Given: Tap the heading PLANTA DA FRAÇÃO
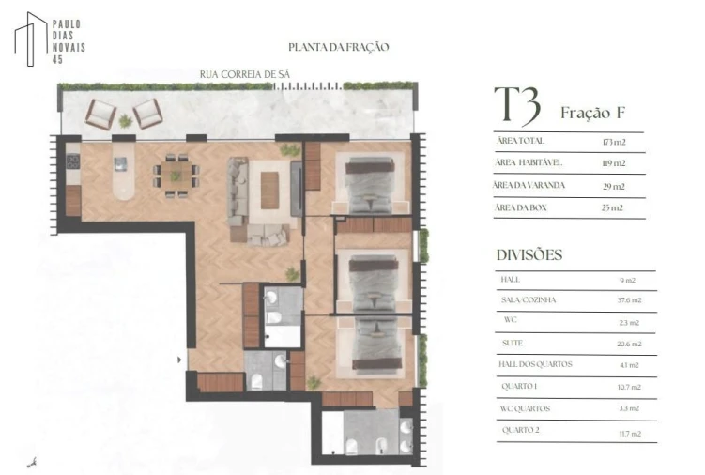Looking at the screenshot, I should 338,47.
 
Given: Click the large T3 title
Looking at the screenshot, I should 517,107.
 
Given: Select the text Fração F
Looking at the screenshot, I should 592,114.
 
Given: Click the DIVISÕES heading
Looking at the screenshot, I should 529,254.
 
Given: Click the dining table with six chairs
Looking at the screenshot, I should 176,175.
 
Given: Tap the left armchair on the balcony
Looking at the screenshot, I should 100,114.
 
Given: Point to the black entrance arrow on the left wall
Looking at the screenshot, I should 180,359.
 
